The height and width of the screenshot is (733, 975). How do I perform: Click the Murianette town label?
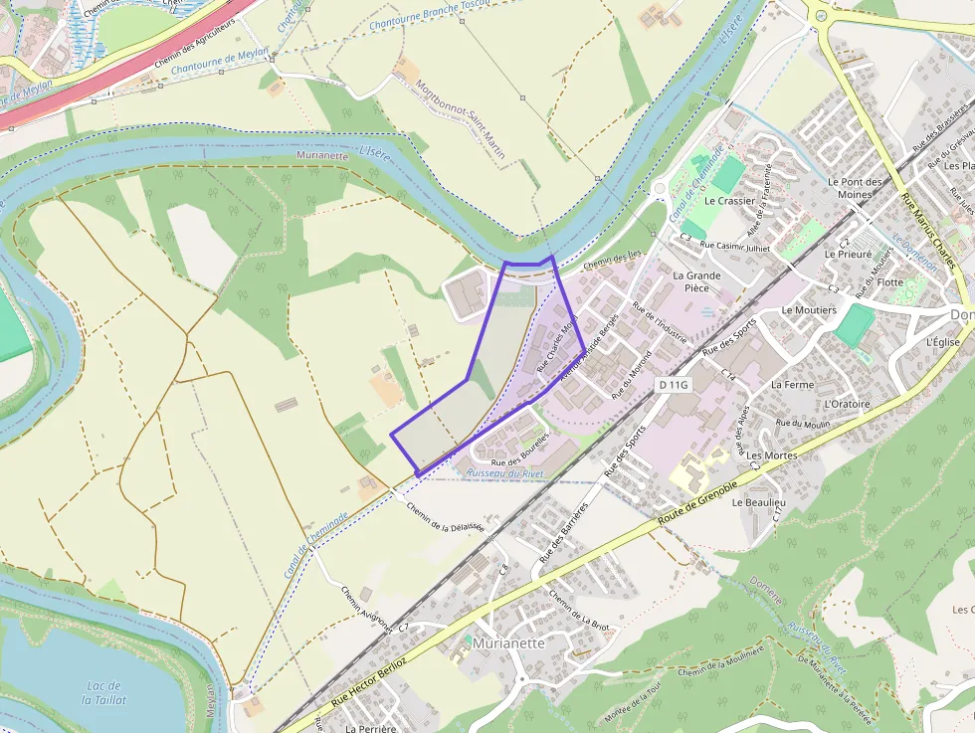tap(509, 642)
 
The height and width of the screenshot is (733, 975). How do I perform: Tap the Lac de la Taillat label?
tap(103, 693)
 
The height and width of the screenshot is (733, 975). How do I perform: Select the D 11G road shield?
tap(673, 384)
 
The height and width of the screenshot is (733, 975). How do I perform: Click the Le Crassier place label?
tap(729, 200)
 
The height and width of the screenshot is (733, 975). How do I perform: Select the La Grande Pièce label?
tap(696, 281)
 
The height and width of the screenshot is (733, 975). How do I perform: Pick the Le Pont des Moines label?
tap(855, 188)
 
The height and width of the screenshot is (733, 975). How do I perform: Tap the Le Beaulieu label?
tap(759, 503)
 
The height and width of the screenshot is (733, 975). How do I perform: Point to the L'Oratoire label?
tap(848, 404)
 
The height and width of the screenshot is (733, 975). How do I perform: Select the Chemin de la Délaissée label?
tap(445, 515)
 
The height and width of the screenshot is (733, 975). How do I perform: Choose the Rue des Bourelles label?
tap(520, 451)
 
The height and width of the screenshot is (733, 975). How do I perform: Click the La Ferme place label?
tap(792, 384)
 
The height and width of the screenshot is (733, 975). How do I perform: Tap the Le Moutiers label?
tap(809, 310)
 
